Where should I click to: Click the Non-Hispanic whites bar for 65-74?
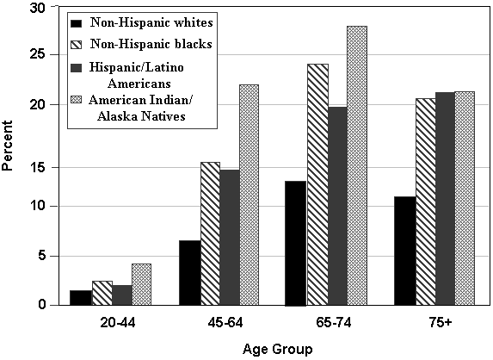point(296,243)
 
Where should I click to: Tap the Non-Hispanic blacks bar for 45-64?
point(210,233)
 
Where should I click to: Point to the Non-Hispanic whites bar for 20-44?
point(82,298)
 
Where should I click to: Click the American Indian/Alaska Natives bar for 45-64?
point(249,195)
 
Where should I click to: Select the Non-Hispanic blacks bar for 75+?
point(426,202)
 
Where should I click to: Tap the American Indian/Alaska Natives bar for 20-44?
point(141,284)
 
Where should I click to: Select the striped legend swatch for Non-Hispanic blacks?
point(77,43)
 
